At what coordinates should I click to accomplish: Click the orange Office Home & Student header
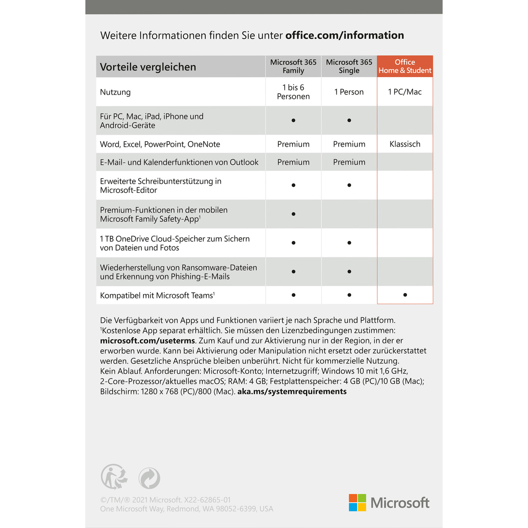click(405, 66)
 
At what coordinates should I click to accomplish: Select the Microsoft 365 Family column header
click(293, 66)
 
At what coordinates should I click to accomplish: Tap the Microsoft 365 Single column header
click(349, 66)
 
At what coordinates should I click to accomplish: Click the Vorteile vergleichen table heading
click(148, 67)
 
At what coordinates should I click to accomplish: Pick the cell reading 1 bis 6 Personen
click(293, 92)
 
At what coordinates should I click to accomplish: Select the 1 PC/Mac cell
click(405, 92)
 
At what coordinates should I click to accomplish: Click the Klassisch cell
click(405, 144)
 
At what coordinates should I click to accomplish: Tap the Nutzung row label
click(115, 92)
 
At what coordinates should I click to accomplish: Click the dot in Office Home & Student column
click(405, 295)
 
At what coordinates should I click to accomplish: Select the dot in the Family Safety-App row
click(293, 214)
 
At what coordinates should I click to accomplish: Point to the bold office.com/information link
click(345, 35)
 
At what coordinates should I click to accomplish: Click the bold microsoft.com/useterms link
click(148, 341)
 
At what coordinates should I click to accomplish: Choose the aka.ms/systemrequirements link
click(292, 391)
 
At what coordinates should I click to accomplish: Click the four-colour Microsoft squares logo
click(357, 503)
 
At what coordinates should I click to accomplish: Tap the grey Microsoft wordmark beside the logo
click(400, 503)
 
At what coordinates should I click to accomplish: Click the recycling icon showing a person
click(114, 477)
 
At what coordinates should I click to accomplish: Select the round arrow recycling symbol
click(149, 478)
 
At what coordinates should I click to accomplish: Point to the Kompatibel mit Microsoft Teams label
click(157, 295)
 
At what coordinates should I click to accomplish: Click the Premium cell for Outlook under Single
click(349, 162)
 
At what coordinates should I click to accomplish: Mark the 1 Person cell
click(349, 92)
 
